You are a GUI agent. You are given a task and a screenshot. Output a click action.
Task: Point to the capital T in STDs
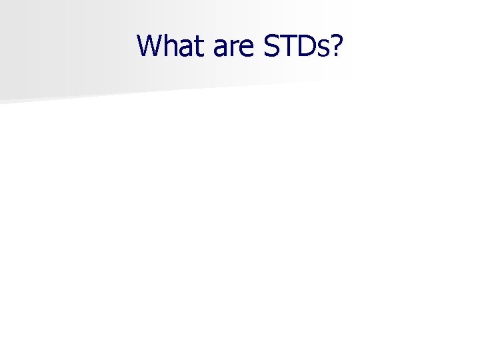coord(286,45)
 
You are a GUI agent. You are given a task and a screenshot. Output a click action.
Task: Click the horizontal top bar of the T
coord(286,35)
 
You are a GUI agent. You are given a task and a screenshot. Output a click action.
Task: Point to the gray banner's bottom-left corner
coord(2,101)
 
